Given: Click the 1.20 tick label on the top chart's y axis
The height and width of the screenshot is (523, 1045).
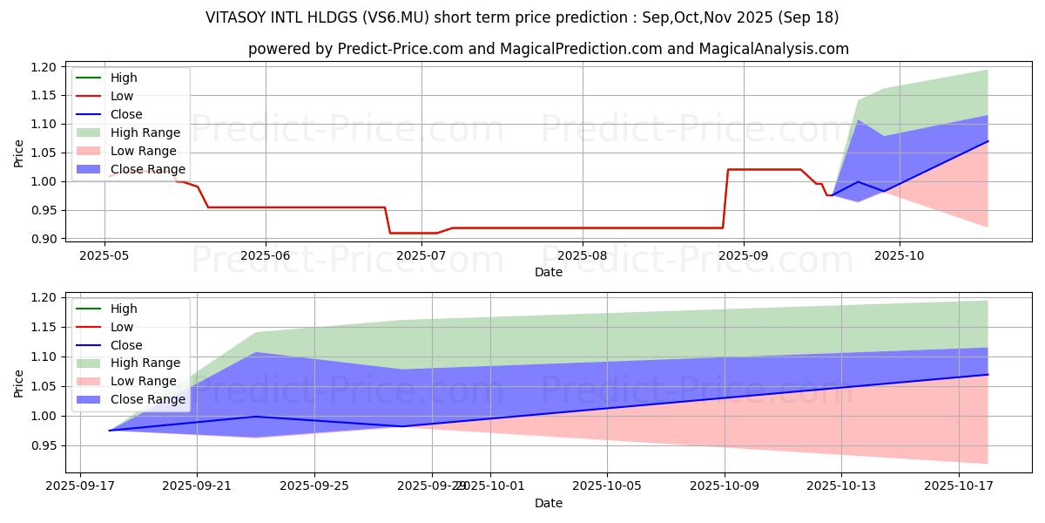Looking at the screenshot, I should [44, 67].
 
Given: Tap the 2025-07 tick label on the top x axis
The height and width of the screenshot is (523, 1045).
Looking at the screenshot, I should [422, 255].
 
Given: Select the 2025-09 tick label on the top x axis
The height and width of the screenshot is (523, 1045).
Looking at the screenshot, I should [743, 255].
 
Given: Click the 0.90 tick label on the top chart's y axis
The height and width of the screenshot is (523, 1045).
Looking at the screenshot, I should [44, 239].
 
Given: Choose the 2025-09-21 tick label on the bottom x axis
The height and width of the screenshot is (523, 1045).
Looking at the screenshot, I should [197, 486].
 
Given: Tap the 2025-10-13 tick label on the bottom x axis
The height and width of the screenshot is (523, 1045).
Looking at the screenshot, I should [841, 486].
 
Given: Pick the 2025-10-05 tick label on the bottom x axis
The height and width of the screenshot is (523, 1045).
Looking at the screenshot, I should [607, 486].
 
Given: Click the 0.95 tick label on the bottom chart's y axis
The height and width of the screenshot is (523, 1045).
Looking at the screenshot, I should [44, 445].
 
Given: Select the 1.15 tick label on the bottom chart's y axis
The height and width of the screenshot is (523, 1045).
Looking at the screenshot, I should [44, 327].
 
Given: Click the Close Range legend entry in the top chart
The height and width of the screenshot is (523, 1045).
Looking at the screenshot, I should [147, 169].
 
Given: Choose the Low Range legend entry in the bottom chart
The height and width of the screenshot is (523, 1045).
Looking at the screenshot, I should [143, 381].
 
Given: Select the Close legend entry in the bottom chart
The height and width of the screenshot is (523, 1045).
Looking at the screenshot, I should [126, 345].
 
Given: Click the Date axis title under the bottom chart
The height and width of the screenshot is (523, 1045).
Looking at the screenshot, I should [549, 503].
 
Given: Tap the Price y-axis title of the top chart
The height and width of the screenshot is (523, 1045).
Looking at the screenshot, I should [19, 153].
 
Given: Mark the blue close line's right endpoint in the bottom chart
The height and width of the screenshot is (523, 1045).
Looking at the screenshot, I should [988, 375].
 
